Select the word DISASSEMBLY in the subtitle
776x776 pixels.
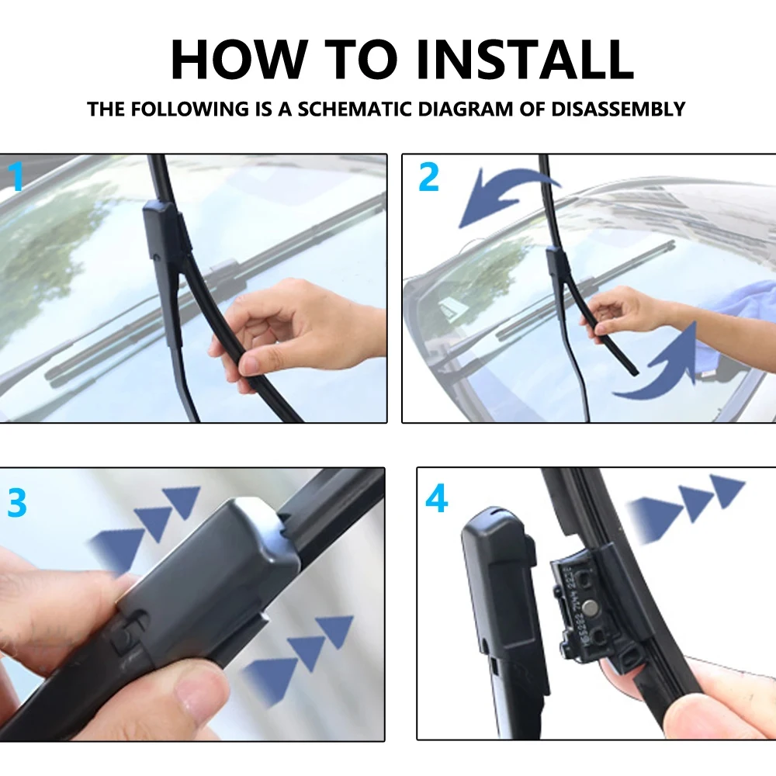618,109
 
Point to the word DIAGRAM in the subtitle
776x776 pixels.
465,109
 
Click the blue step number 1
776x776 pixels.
16,177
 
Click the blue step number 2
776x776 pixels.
428,177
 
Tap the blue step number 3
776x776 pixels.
17,503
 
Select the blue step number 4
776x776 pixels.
436,498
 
